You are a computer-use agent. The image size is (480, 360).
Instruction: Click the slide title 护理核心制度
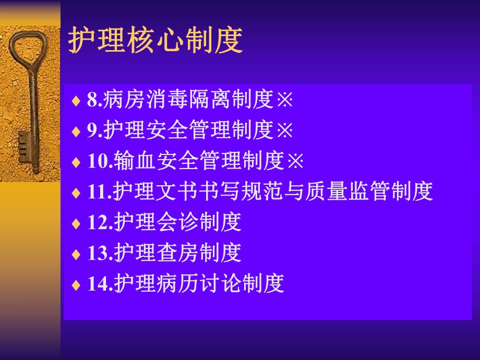155,41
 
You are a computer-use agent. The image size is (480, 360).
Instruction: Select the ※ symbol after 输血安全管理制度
295,161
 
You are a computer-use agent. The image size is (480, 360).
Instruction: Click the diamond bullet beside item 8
76,101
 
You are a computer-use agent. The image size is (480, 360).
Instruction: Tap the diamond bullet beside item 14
76,285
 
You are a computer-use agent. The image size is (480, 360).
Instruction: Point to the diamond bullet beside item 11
76,193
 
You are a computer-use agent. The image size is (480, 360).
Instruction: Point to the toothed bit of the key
24,151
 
